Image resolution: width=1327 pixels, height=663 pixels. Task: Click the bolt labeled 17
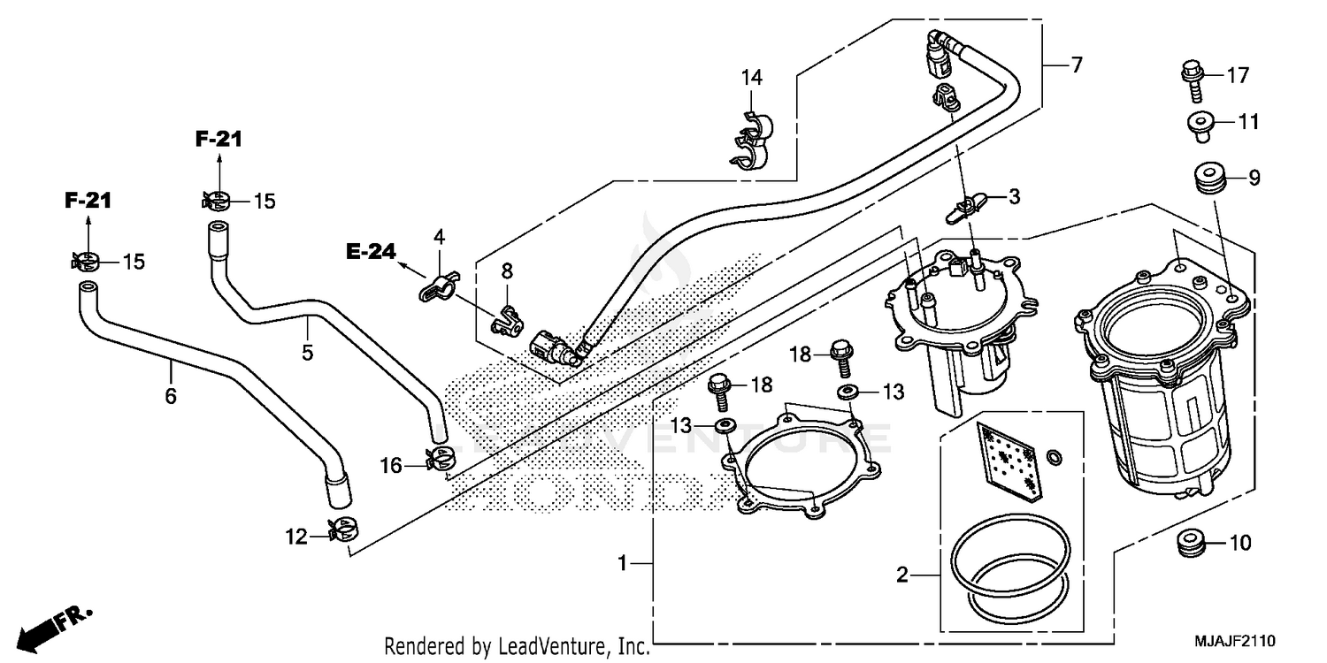pyautogui.click(x=1191, y=78)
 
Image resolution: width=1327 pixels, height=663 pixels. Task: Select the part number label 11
pyautogui.click(x=1247, y=122)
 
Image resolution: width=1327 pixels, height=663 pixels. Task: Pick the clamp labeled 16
pyautogui.click(x=439, y=458)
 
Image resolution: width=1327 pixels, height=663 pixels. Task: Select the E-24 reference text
pyautogui.click(x=370, y=252)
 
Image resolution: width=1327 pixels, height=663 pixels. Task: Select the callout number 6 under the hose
pyautogui.click(x=171, y=396)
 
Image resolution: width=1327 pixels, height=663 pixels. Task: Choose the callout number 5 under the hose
pyautogui.click(x=307, y=352)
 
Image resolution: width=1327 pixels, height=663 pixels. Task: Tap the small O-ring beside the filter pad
pyautogui.click(x=1054, y=456)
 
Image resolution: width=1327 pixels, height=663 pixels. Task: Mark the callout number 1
pyautogui.click(x=624, y=562)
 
